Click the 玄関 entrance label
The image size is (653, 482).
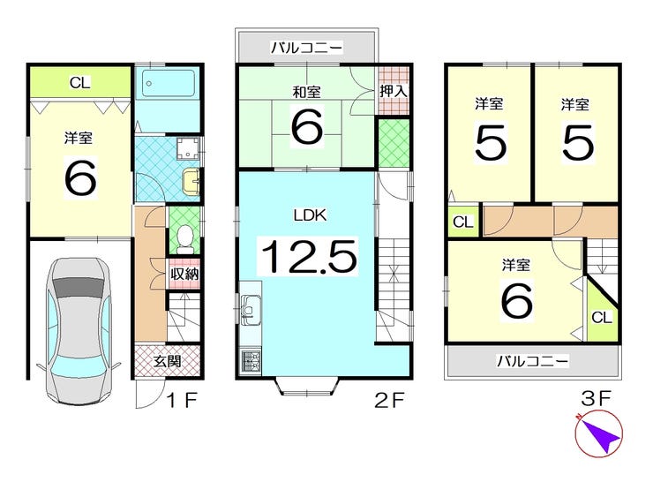[x=168, y=360]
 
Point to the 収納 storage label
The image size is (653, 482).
[x=184, y=274]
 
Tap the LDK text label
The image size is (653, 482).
[x=306, y=213]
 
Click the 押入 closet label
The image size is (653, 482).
[x=394, y=89]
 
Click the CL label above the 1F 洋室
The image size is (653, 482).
[x=79, y=83]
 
